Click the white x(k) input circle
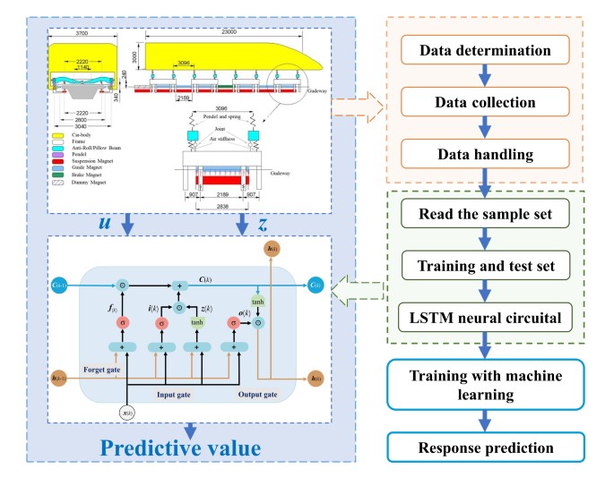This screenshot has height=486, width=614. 129,414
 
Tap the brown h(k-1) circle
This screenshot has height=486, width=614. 60,378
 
